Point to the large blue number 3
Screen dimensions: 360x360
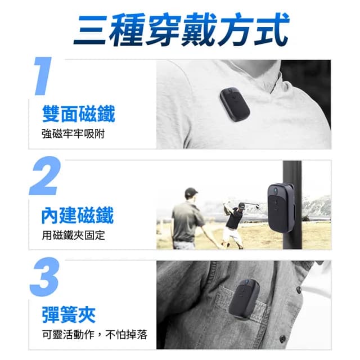point(44,277)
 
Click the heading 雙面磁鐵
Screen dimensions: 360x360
point(78,114)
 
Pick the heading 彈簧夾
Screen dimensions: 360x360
point(69,313)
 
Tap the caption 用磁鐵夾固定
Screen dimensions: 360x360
point(73,235)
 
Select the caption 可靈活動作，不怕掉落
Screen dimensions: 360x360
point(94,334)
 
